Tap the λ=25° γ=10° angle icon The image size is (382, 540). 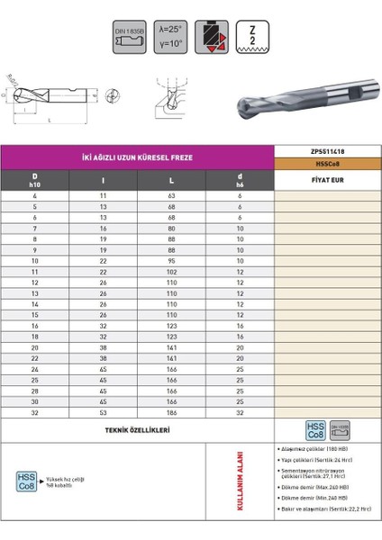[171, 34]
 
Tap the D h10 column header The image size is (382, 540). [35, 180]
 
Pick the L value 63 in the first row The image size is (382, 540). [170, 195]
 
